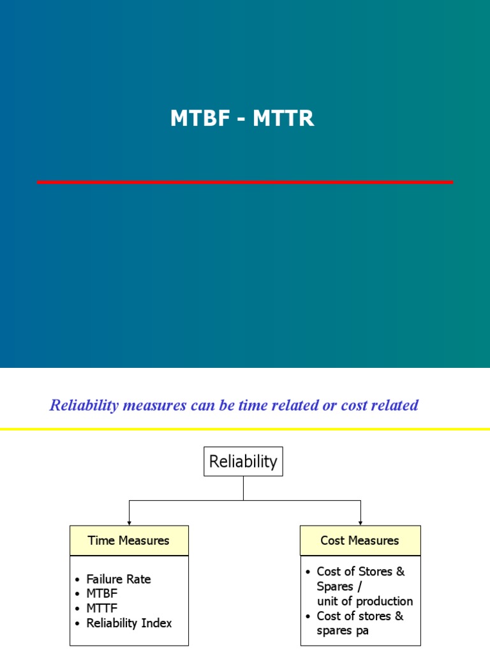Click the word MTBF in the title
(x=200, y=119)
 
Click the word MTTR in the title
(x=283, y=119)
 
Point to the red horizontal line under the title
(x=245, y=182)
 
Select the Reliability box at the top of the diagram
(x=243, y=461)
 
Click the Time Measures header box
(x=129, y=540)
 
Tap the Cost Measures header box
(x=360, y=540)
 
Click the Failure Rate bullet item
(x=119, y=579)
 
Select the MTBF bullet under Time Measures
(x=102, y=593)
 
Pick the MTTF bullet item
(x=102, y=608)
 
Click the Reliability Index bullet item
(x=130, y=623)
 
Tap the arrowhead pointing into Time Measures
(x=129, y=522)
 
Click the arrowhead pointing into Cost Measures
(x=360, y=522)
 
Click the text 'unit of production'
(x=365, y=601)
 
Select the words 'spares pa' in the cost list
(x=343, y=630)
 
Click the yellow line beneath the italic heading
(x=245, y=429)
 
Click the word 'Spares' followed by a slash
(x=335, y=586)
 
